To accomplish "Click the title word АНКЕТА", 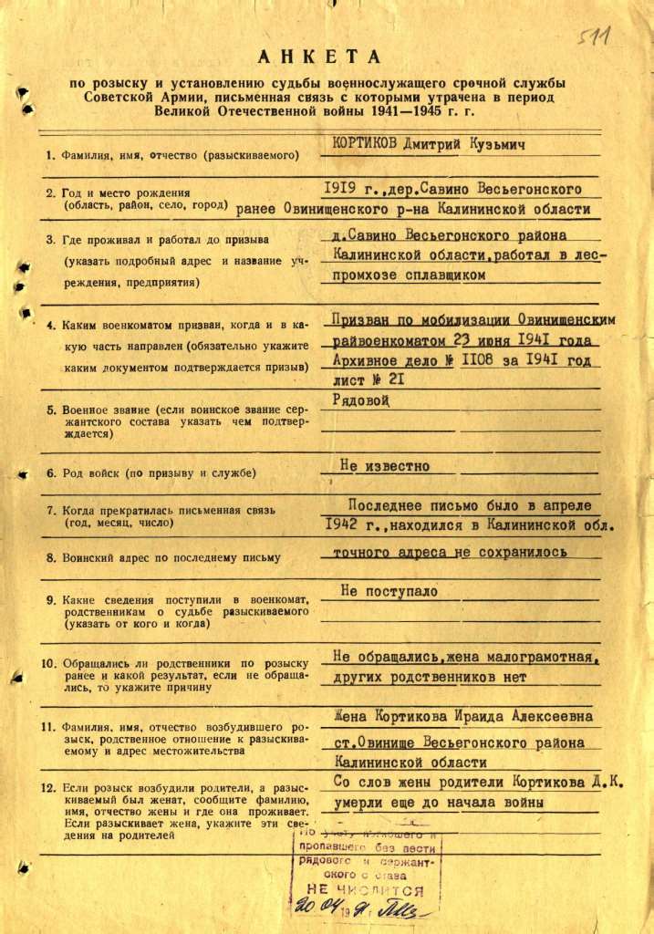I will coord(323,57).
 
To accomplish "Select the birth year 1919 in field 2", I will coord(341,189).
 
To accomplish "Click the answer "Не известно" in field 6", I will coord(384,466).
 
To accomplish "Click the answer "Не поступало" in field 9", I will coord(389,591).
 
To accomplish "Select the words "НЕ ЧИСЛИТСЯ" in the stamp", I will coord(366,889).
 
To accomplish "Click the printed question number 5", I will coord(52,410).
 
